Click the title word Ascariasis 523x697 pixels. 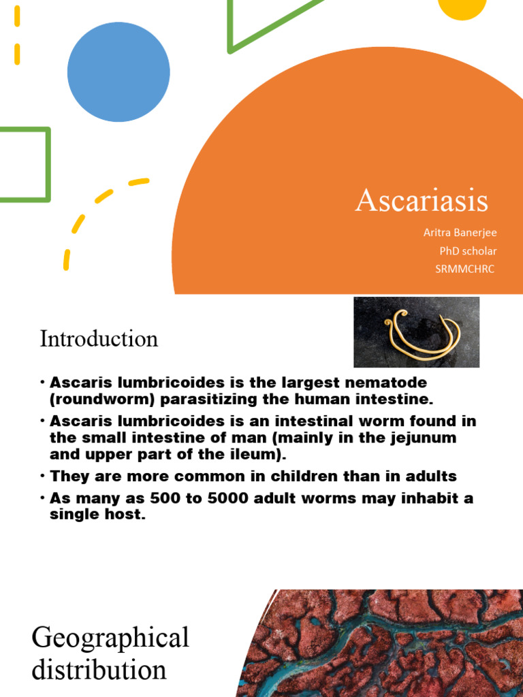422,201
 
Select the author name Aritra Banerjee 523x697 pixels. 460,233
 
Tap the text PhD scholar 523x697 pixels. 468,250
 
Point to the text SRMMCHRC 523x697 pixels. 465,268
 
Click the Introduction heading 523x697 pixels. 99,338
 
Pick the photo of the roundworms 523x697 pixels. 416,332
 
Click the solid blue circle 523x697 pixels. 118,71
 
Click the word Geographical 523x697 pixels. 110,638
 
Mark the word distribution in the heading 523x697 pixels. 99,670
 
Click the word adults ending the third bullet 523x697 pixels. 432,476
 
